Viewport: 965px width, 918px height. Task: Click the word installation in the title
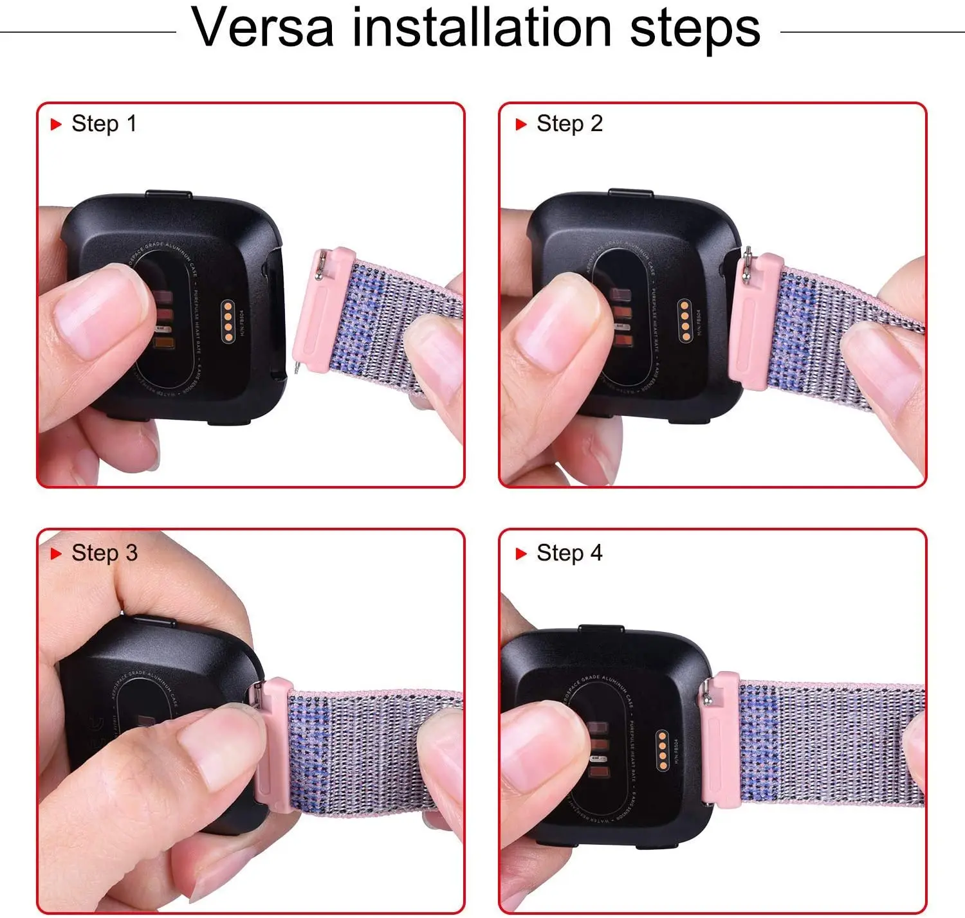point(482,28)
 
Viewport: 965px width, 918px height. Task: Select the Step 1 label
point(104,123)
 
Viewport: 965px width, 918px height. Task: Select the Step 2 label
point(569,123)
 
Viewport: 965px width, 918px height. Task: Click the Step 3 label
point(104,553)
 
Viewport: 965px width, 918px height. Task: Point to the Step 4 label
point(569,553)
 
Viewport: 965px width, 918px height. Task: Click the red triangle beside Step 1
point(56,124)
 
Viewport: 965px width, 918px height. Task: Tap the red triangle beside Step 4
point(521,553)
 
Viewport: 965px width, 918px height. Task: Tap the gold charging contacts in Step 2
point(685,319)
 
